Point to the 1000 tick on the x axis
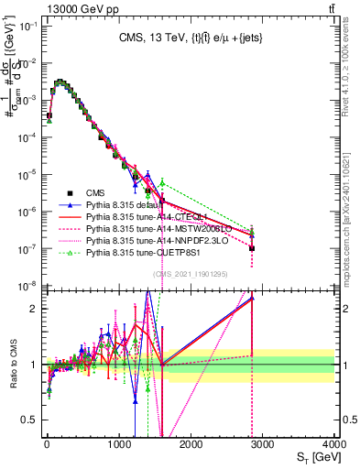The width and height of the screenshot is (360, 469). pos(119,444)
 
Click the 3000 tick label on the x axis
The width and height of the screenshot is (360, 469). pos(263,444)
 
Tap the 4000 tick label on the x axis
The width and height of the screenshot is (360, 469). pos(334,444)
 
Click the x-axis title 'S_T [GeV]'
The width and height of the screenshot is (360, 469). pos(315,457)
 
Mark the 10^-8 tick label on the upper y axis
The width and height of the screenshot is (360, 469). pos(26,287)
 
